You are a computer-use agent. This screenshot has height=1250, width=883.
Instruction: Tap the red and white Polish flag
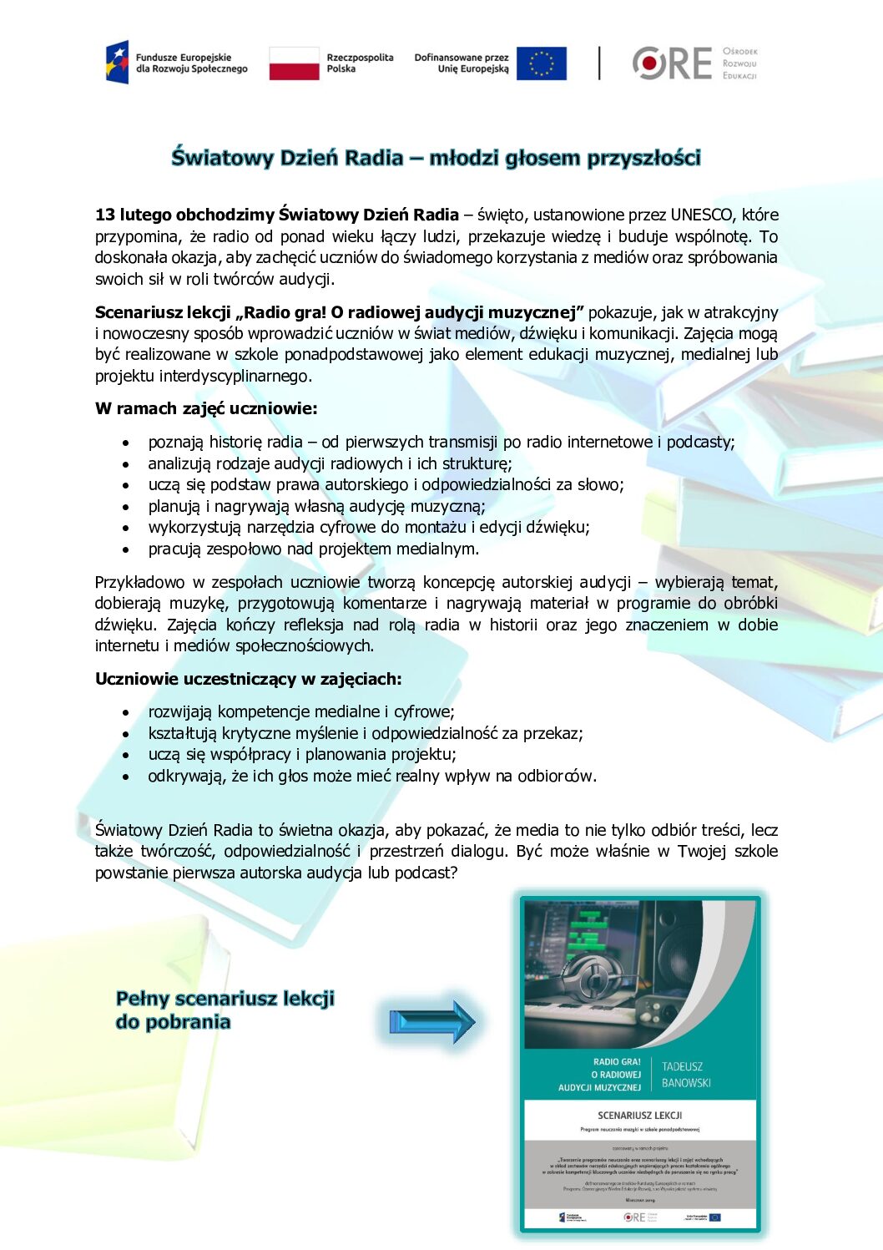pyautogui.click(x=294, y=63)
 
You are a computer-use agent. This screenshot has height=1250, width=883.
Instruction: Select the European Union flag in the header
pyautogui.click(x=541, y=63)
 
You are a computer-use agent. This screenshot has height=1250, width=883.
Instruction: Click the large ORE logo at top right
pyautogui.click(x=672, y=63)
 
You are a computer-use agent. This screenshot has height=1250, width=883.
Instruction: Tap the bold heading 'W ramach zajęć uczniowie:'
pyautogui.click(x=206, y=408)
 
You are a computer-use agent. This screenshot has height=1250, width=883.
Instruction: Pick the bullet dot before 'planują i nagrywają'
pyautogui.click(x=126, y=507)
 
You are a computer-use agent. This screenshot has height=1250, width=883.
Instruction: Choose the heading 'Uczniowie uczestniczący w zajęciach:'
pyautogui.click(x=248, y=679)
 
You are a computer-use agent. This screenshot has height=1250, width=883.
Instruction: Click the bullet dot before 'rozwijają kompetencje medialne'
pyautogui.click(x=126, y=713)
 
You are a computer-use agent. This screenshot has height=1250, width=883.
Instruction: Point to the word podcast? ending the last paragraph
pyautogui.click(x=426, y=873)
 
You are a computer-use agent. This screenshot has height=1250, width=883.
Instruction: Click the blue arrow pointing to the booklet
pyautogui.click(x=431, y=1021)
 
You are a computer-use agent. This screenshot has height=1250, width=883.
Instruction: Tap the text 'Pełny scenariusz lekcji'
pyautogui.click(x=225, y=998)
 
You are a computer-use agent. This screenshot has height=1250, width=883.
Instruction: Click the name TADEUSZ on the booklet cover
pyautogui.click(x=682, y=1066)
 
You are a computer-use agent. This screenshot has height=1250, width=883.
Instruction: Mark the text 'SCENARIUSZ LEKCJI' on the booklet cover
pyautogui.click(x=639, y=1115)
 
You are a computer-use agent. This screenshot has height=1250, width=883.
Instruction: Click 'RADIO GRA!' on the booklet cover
pyautogui.click(x=617, y=1062)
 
